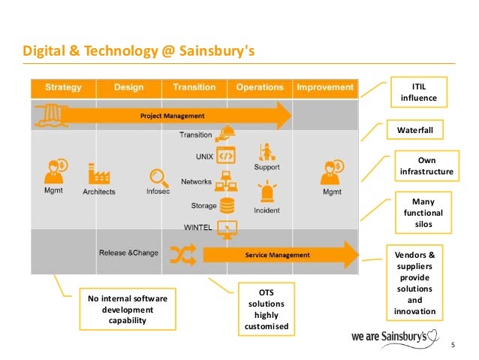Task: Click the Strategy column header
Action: pyautogui.click(x=63, y=88)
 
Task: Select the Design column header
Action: pyautogui.click(x=128, y=88)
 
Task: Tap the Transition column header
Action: pyautogui.click(x=194, y=88)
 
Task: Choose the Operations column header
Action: pyautogui.click(x=260, y=88)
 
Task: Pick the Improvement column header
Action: pyautogui.click(x=324, y=88)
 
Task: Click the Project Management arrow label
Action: pyautogui.click(x=173, y=116)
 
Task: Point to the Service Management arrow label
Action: pyautogui.click(x=277, y=255)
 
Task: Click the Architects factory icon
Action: pyautogui.click(x=99, y=174)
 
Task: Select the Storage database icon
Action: pyautogui.click(x=224, y=204)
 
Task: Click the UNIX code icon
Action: pyautogui.click(x=224, y=157)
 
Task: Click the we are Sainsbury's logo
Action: pyautogui.click(x=395, y=335)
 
